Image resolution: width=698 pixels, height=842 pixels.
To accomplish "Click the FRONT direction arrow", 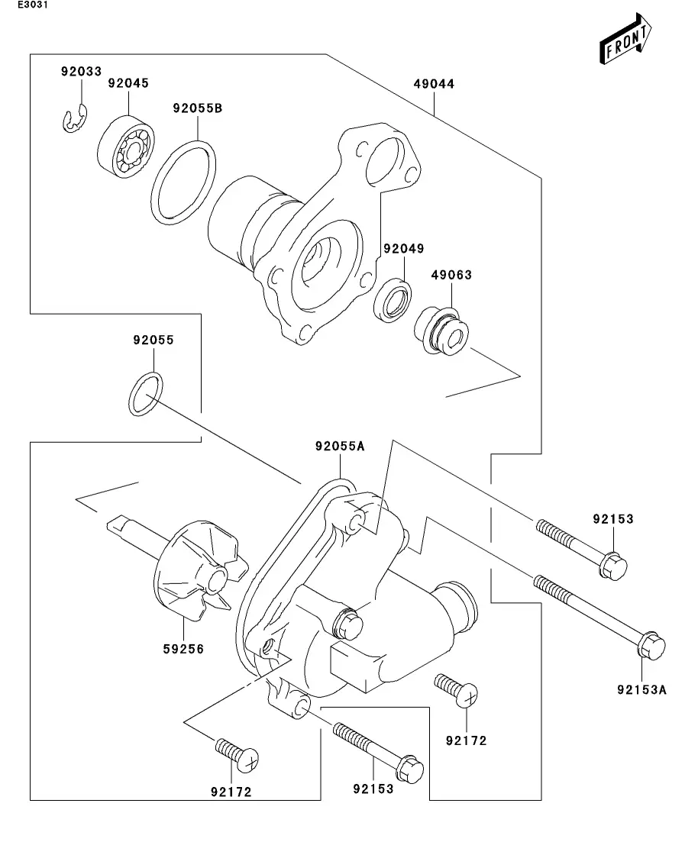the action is (626, 39).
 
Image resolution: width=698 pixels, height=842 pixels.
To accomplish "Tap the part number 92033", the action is (81, 72).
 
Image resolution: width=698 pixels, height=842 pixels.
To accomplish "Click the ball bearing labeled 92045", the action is (126, 146).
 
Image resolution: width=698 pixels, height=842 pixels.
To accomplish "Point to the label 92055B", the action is (197, 108).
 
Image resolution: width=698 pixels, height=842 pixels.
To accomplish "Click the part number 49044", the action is (434, 84).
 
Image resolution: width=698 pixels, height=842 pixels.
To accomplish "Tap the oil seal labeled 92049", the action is (393, 300).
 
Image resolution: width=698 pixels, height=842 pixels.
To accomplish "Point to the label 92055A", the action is (340, 447).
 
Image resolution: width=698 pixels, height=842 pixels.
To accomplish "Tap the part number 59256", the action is (183, 649).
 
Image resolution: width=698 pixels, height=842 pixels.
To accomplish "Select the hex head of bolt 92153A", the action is (651, 646).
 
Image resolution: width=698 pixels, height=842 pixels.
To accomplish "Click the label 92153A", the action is (641, 689).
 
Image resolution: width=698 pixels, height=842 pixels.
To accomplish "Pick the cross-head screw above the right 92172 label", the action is (457, 691).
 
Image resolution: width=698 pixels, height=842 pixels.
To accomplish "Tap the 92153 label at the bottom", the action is (373, 789).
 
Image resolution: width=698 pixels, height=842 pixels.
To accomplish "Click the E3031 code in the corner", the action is (32, 5).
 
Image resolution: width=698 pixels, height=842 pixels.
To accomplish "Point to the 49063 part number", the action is (451, 275).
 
